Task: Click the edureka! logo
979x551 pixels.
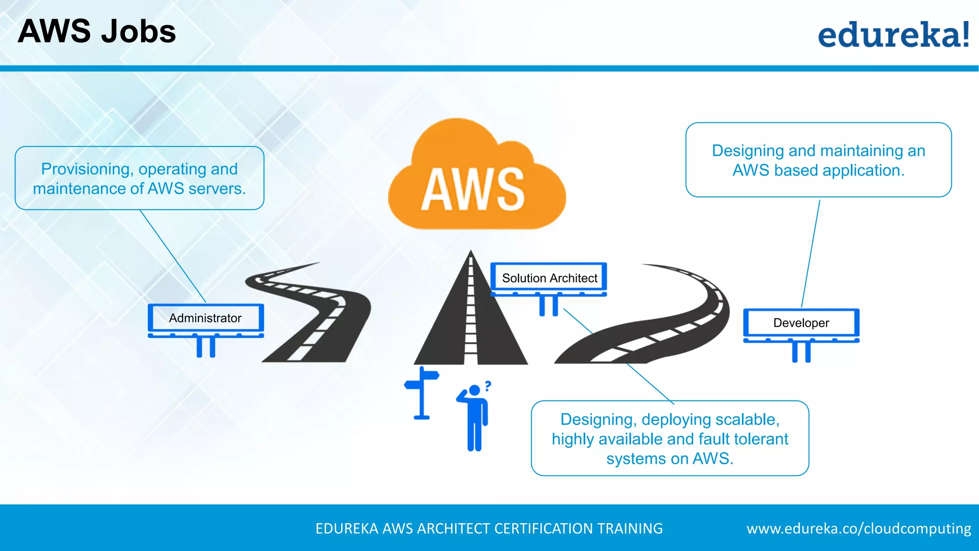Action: tap(893, 34)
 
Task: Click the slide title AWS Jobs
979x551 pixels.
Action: tap(97, 32)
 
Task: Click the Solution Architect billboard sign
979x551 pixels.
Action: tap(549, 278)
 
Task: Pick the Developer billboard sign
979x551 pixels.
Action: tap(801, 323)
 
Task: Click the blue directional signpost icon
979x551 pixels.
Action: tap(422, 392)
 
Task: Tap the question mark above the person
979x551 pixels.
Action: tap(488, 386)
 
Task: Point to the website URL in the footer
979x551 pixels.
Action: tap(859, 529)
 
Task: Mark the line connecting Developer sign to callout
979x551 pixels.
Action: tap(811, 253)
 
